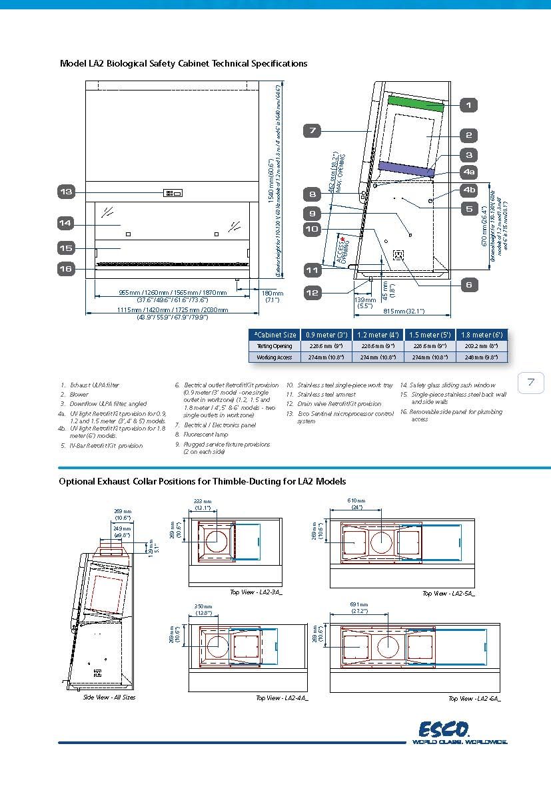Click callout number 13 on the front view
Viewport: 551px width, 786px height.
pyautogui.click(x=66, y=192)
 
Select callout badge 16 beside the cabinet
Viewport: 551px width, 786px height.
pyautogui.click(x=66, y=269)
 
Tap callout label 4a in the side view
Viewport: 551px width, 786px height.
pyautogui.click(x=469, y=172)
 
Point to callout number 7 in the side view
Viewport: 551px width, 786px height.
pyautogui.click(x=312, y=130)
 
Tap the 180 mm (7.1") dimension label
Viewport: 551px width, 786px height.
pyautogui.click(x=272, y=296)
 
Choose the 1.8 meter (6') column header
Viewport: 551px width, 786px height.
pyautogui.click(x=482, y=335)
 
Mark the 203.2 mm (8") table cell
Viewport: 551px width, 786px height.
pyautogui.click(x=482, y=346)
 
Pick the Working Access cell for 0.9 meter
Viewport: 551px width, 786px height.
pyautogui.click(x=325, y=357)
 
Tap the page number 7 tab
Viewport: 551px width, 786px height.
pyautogui.click(x=531, y=382)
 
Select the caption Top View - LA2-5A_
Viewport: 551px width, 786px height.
pyautogui.click(x=448, y=593)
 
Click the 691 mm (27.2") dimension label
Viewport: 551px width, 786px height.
pyautogui.click(x=358, y=607)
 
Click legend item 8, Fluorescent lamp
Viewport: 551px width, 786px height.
pyautogui.click(x=207, y=435)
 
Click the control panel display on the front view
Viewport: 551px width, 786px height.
pyautogui.click(x=173, y=193)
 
